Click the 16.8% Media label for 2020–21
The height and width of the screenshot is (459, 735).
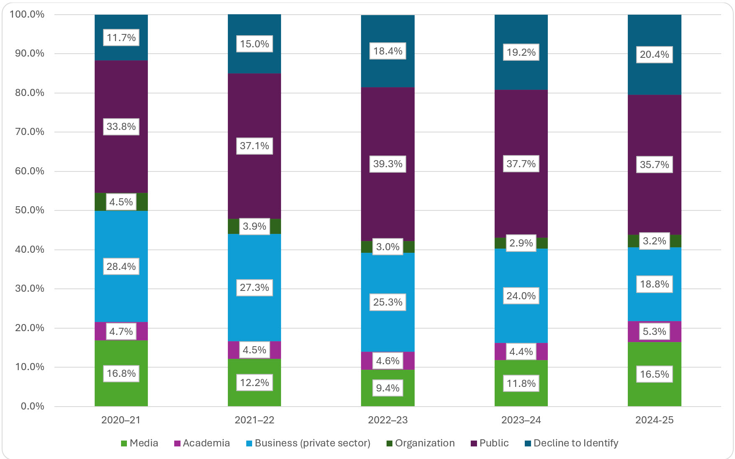(x=121, y=373)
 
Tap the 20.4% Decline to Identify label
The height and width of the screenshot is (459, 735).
(x=654, y=54)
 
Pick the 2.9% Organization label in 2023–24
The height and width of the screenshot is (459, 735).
(x=521, y=243)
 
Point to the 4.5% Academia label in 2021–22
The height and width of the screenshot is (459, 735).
(x=254, y=350)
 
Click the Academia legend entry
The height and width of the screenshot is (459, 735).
(x=202, y=443)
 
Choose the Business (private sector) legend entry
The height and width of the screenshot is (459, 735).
(x=308, y=443)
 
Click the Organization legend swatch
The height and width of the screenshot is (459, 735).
(x=389, y=443)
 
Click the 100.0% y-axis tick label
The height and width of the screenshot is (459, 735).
(x=27, y=14)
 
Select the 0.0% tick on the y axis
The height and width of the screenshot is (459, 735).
(x=32, y=406)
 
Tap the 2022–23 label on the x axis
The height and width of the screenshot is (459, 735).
(x=387, y=420)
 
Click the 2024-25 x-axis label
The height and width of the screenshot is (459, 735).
(x=654, y=420)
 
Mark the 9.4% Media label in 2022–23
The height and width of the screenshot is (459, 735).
(x=388, y=388)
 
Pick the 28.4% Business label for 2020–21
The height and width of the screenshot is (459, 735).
(x=121, y=267)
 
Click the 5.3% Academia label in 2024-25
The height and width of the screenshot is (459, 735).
(x=654, y=332)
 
